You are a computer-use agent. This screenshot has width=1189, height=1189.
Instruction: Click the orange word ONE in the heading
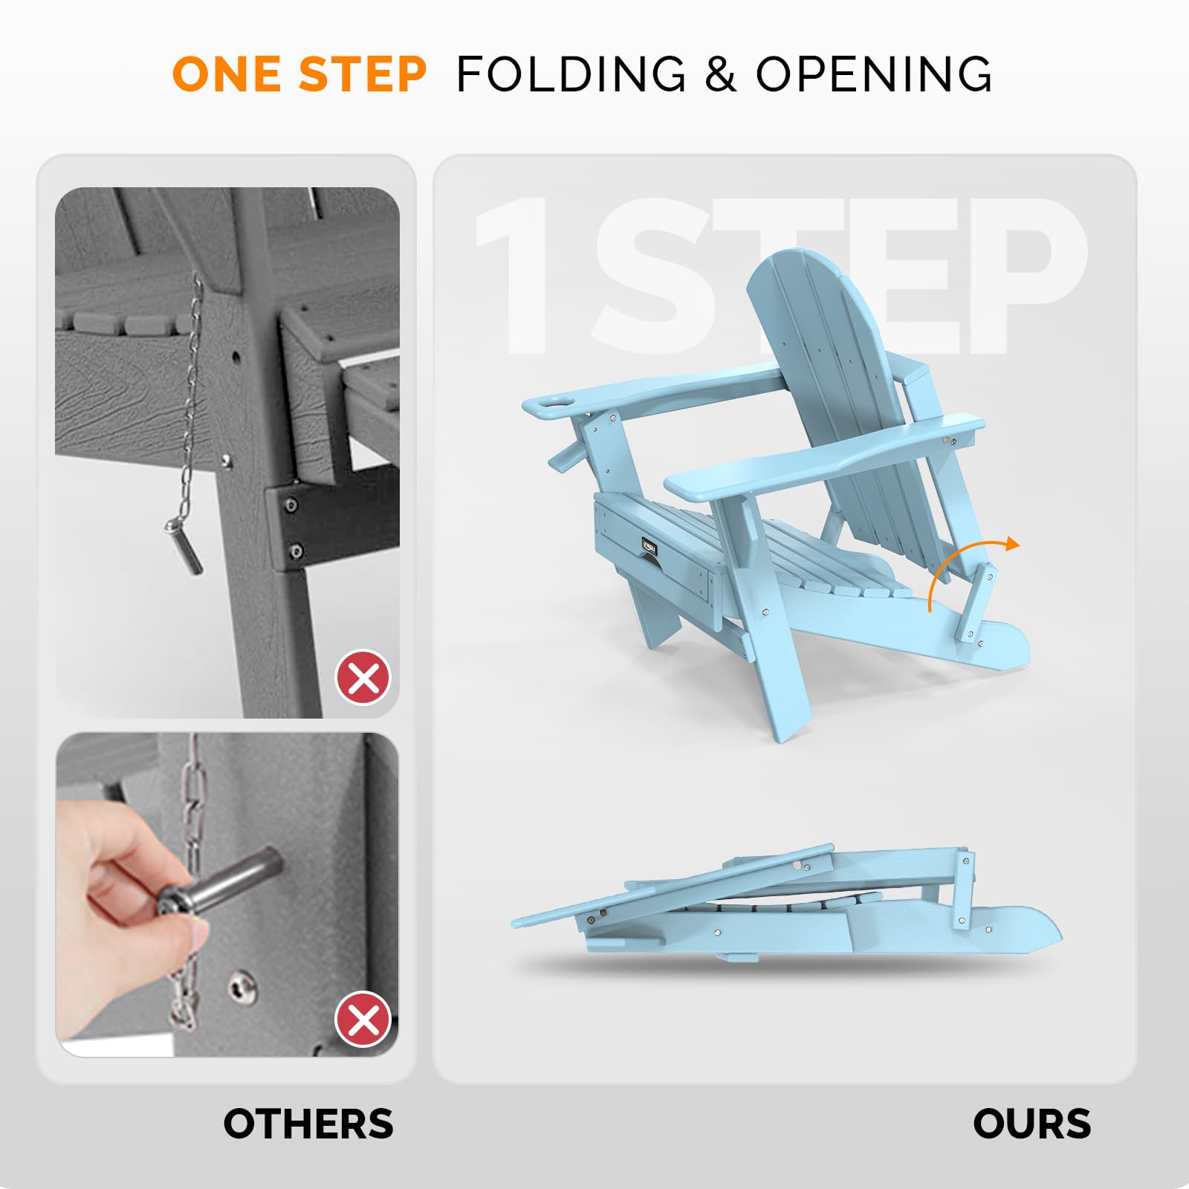pos(227,74)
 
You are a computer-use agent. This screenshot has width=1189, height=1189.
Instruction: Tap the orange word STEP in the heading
pos(363,74)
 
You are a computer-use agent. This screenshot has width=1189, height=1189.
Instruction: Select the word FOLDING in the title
pos(571,74)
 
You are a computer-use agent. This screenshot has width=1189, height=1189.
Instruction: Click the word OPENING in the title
pos(874,74)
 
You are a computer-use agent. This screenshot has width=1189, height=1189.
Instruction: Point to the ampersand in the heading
pos(720,74)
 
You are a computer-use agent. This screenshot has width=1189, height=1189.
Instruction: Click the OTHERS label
pos(308,1124)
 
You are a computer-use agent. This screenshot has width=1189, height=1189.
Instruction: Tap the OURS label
pos(1031,1124)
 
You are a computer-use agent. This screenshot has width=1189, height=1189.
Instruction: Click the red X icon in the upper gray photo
pos(363,678)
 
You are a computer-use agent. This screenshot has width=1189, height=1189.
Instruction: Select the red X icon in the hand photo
pos(363,1019)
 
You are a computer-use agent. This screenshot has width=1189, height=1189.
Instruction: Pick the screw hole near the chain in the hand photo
pos(242,986)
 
